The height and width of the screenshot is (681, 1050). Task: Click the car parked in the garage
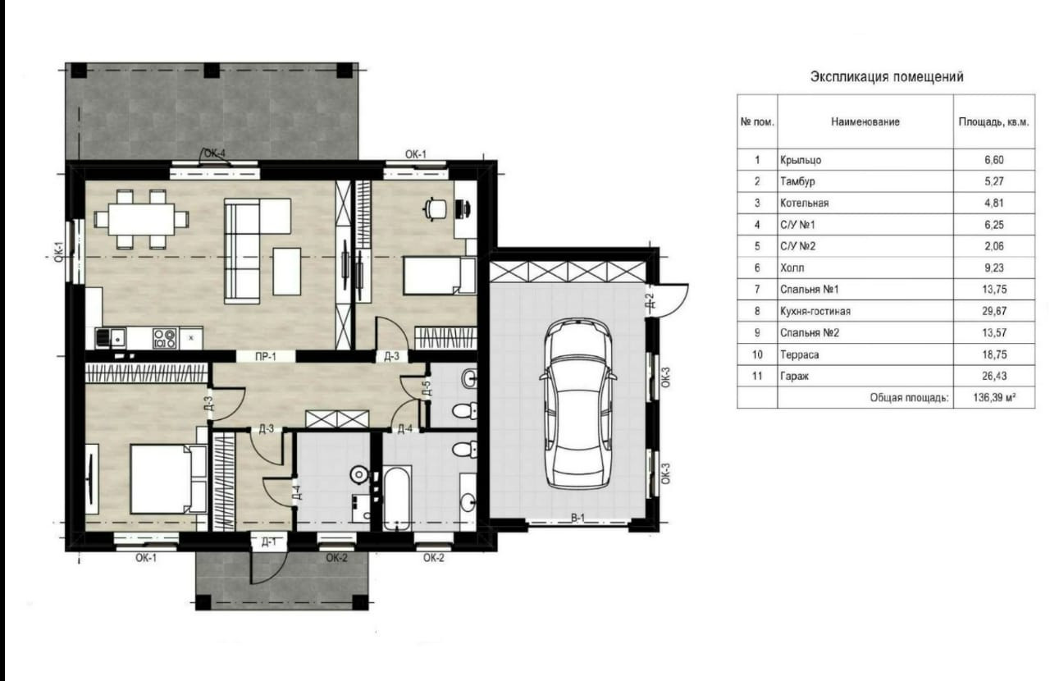(578, 404)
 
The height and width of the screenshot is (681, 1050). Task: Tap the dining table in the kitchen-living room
(141, 218)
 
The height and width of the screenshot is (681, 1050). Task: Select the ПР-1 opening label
(265, 357)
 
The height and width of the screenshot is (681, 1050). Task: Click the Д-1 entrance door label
(268, 542)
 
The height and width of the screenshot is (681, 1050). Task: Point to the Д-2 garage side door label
(649, 300)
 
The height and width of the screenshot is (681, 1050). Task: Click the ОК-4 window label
(215, 153)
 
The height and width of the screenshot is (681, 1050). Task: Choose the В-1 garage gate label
(577, 518)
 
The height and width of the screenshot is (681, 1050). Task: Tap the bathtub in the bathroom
(398, 498)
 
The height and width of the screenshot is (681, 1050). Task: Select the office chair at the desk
(435, 208)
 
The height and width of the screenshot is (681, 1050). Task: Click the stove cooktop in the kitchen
(165, 338)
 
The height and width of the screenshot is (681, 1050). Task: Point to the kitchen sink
(111, 338)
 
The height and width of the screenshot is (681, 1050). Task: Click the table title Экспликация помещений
(887, 76)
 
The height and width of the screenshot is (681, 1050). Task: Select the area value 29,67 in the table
(993, 311)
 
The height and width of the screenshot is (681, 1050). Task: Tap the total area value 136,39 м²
(994, 398)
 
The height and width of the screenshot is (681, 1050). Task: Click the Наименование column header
(865, 122)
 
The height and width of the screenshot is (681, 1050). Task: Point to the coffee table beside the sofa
(287, 272)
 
